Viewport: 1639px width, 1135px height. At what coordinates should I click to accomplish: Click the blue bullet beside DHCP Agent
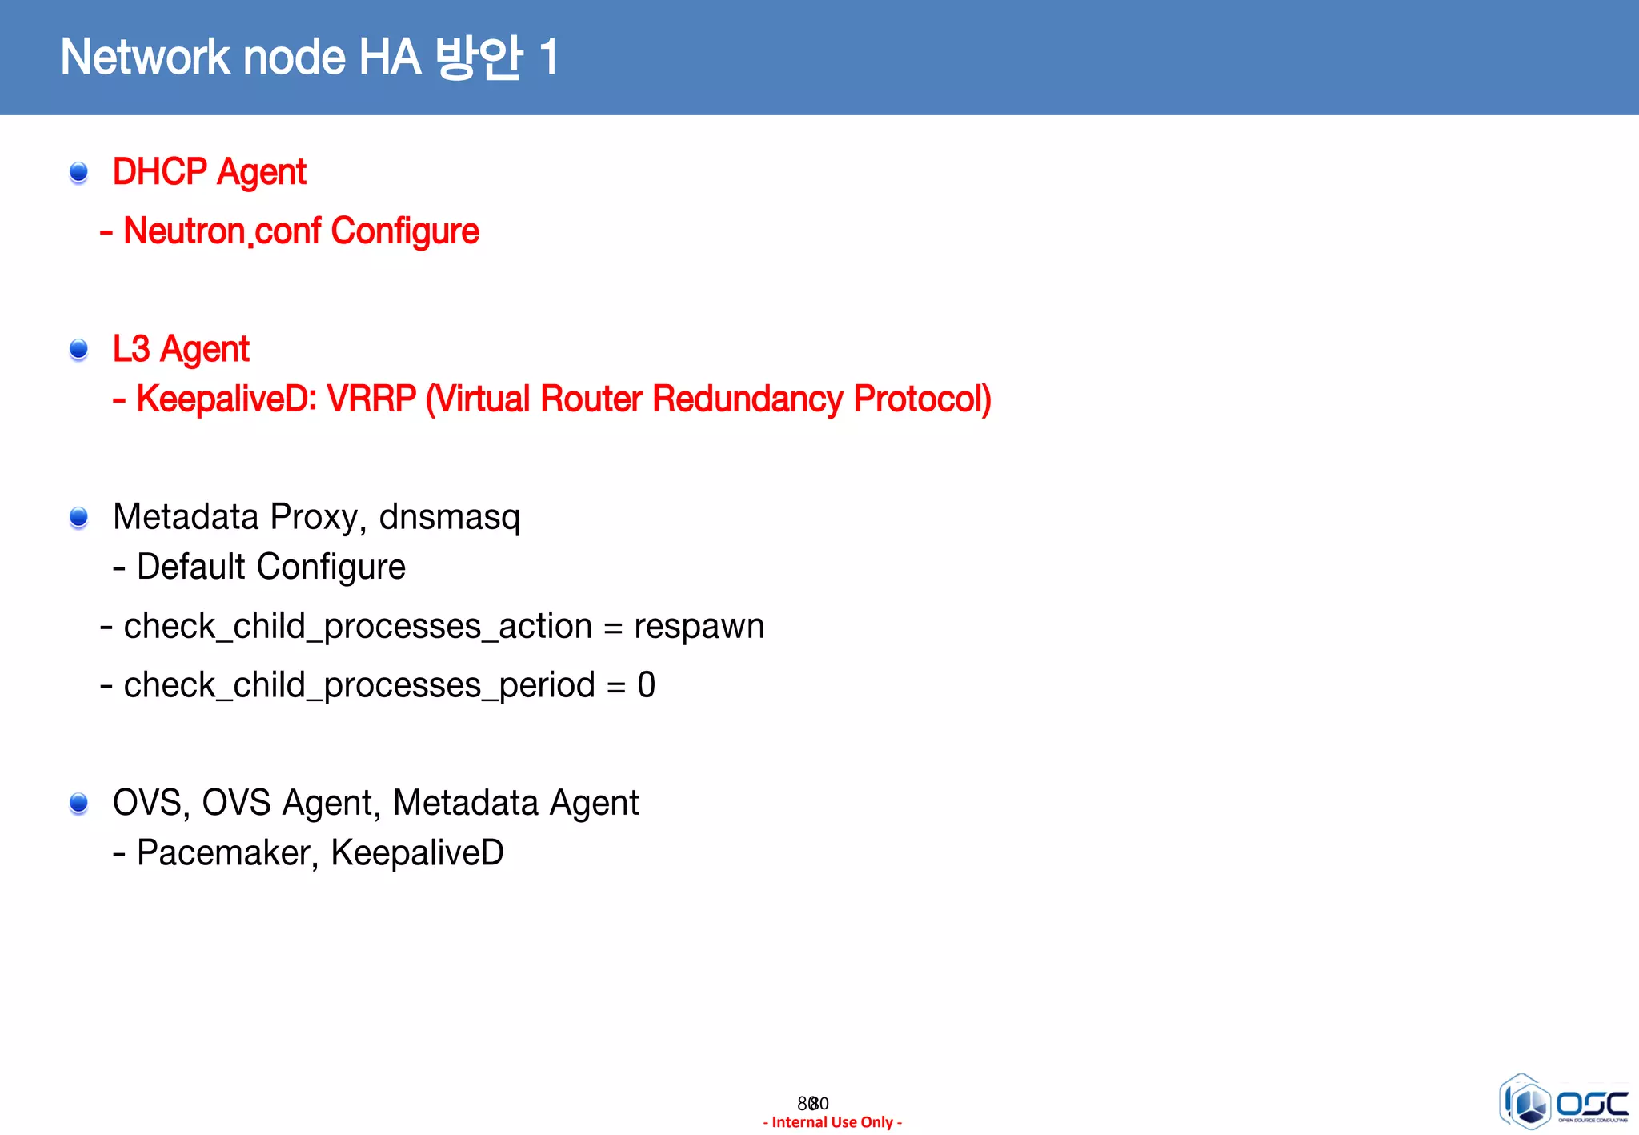coord(78,172)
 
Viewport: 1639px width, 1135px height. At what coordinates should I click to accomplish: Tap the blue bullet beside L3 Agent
coord(78,349)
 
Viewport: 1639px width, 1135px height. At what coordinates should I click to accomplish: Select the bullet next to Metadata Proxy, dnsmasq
coord(78,518)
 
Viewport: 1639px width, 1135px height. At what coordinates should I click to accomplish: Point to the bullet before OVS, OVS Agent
coord(78,803)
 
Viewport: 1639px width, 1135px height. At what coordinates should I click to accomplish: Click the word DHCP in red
coord(160,172)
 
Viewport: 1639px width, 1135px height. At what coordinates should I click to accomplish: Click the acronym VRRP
coord(371,399)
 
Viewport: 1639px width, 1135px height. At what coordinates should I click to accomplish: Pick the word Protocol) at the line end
coord(922,399)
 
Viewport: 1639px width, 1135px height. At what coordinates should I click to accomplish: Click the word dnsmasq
coord(449,518)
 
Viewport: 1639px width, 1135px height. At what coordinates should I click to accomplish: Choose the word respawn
coord(699,626)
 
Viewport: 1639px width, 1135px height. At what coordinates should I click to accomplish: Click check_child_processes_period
coord(359,685)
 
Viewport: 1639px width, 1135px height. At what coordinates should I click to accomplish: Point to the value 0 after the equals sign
coord(647,685)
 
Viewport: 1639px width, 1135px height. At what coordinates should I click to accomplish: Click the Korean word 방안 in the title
coord(479,58)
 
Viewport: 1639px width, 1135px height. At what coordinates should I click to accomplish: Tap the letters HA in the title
coord(390,58)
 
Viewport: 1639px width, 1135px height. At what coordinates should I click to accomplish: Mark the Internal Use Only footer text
coord(832,1122)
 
